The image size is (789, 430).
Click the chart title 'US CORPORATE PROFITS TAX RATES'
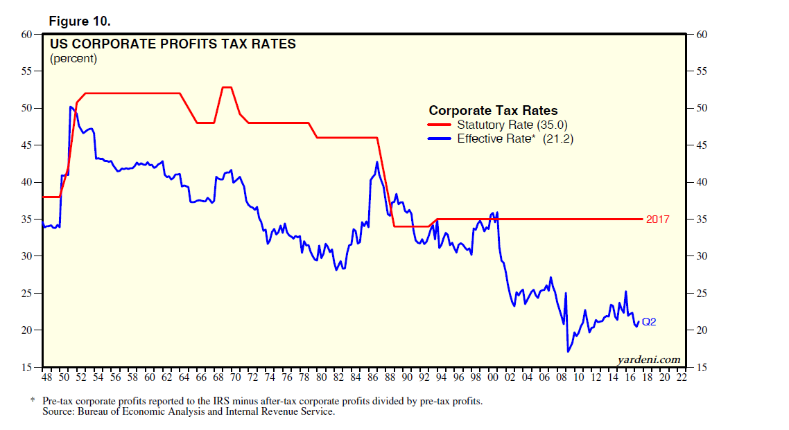coord(173,44)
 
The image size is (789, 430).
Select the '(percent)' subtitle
coord(73,59)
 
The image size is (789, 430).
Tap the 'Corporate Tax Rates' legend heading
coord(493,111)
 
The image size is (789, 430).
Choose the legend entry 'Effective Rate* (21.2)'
coord(515,138)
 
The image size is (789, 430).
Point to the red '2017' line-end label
coord(658,220)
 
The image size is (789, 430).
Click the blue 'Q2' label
coord(649,321)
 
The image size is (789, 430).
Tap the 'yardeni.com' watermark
coord(648,359)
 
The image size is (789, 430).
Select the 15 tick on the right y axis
coord(701,368)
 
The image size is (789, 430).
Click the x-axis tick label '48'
coord(46,377)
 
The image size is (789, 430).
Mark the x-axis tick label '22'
coord(682,377)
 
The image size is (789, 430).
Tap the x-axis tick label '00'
coord(493,377)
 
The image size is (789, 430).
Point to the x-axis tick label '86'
coord(372,377)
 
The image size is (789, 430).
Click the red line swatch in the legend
coord(440,125)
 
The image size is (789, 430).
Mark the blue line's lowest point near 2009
coord(568,352)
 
